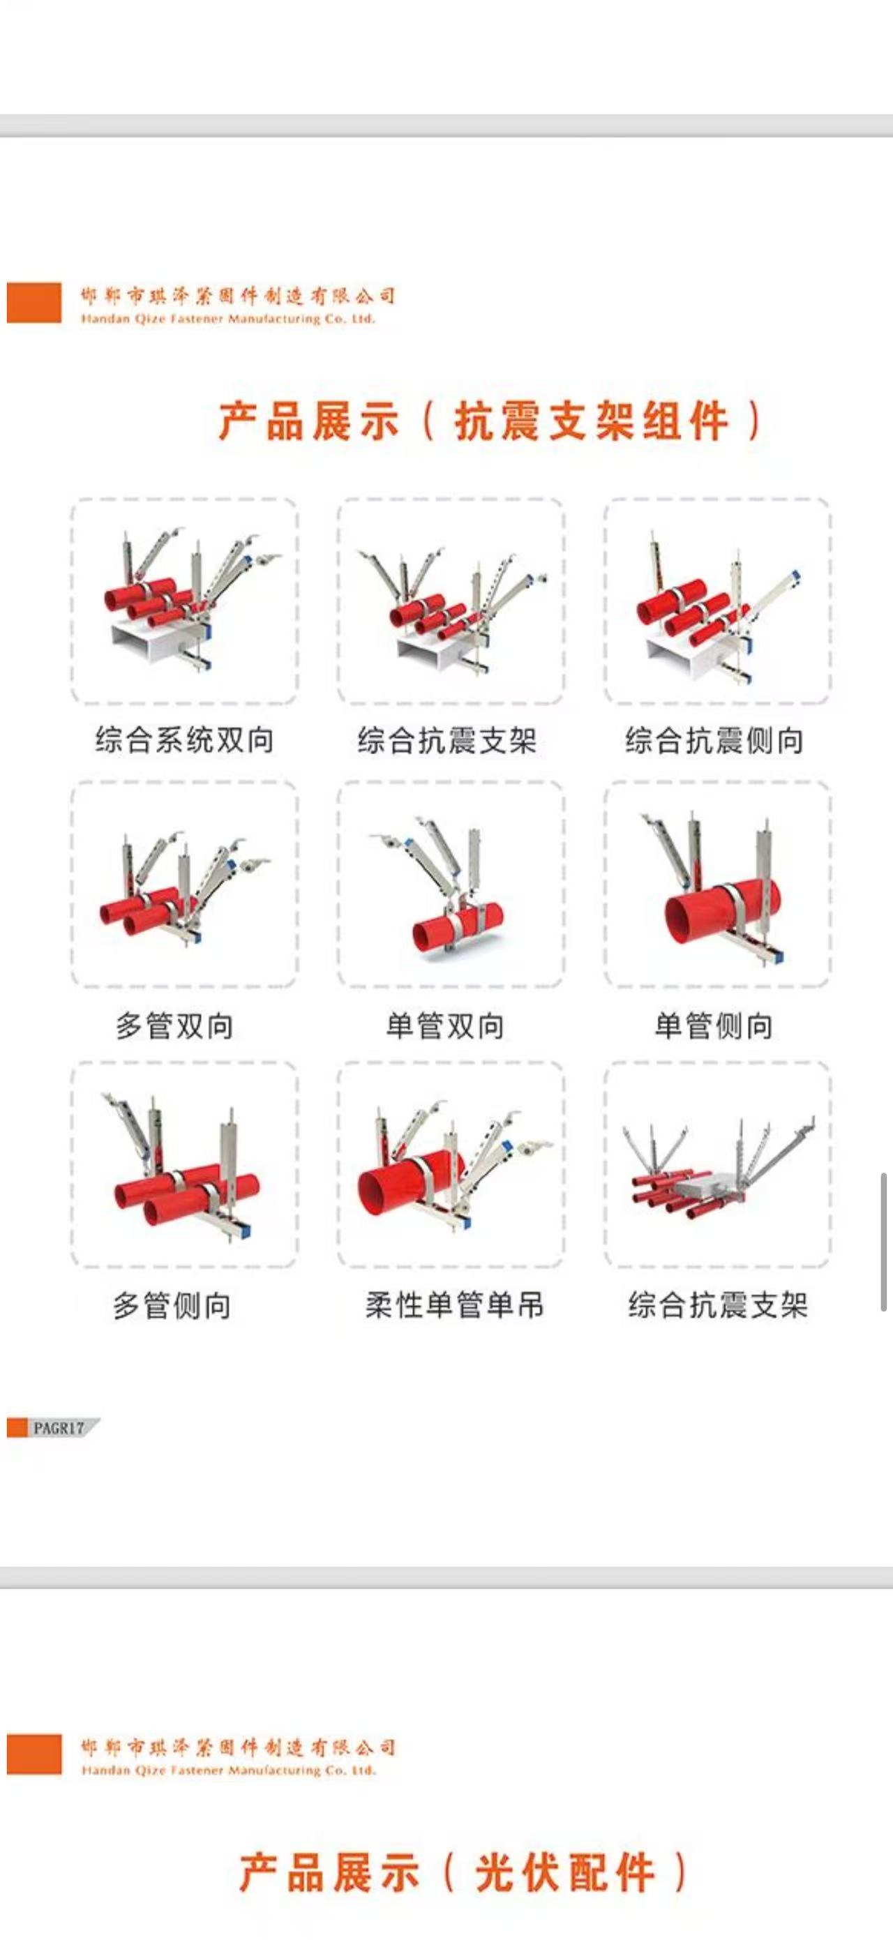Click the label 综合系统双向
[184, 740]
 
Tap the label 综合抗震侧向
[714, 740]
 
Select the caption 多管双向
[174, 1025]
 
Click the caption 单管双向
[445, 1025]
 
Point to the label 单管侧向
[714, 1025]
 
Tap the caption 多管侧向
[172, 1305]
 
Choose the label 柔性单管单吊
[455, 1305]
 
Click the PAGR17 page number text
[59, 1427]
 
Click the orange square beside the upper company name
[34, 303]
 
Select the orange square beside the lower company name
[34, 1754]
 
